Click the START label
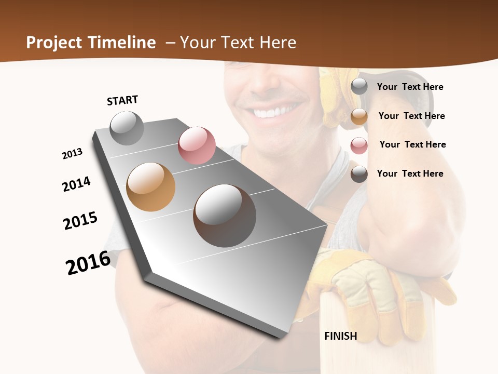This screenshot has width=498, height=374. (122, 100)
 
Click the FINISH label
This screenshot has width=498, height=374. (340, 336)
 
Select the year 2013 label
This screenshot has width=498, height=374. (72, 154)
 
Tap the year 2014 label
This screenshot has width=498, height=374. (76, 184)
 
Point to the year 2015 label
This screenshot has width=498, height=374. (80, 221)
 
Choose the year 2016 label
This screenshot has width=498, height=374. (88, 262)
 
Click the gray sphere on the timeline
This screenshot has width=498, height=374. (127, 128)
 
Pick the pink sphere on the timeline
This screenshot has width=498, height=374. (197, 145)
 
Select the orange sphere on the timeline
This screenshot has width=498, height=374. (151, 187)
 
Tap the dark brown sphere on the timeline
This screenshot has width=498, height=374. (225, 216)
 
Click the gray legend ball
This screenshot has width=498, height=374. (359, 87)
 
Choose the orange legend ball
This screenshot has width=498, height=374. (359, 116)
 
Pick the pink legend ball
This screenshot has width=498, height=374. (359, 145)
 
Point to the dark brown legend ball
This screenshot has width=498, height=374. (359, 174)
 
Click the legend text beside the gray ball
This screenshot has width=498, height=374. (410, 87)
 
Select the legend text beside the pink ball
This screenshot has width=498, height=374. (412, 144)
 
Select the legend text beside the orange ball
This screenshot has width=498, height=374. (411, 116)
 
